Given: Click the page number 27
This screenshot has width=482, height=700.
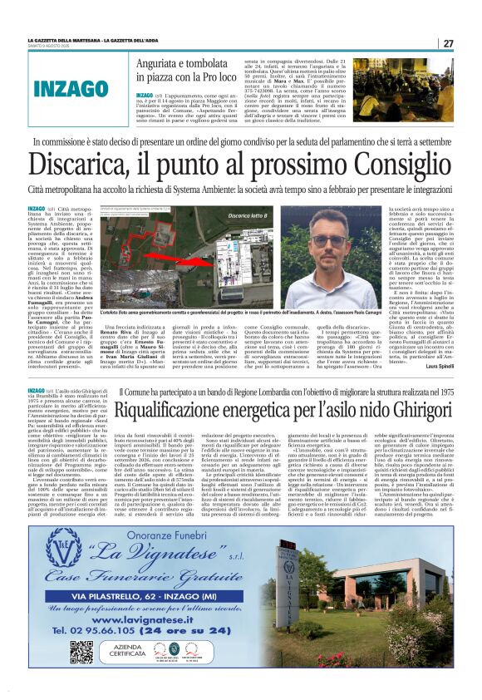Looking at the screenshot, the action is point(448,43).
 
